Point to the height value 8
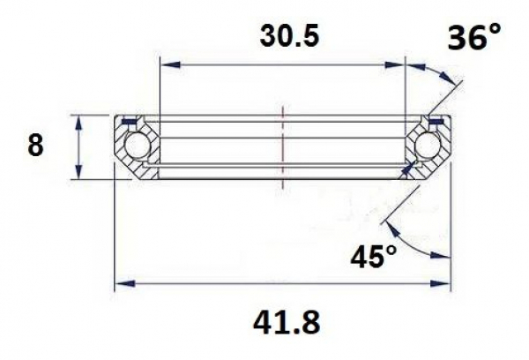(35, 146)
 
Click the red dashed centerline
(282, 146)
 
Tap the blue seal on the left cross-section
(130, 121)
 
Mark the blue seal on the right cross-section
(434, 121)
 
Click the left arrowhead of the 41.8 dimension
(124, 284)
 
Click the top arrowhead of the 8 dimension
(80, 120)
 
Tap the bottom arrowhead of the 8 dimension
(80, 172)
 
